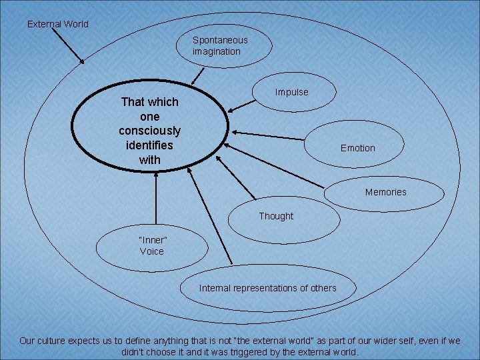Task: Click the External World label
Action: click(57, 24)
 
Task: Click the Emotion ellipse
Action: click(357, 147)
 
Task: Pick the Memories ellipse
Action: click(385, 192)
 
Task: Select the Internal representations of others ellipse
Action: click(268, 288)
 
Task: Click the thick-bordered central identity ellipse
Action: click(150, 131)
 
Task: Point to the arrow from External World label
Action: click(68, 47)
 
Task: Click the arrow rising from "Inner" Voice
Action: click(155, 197)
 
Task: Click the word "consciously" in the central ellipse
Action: click(150, 131)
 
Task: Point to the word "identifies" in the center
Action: click(150, 145)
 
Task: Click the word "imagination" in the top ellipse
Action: click(217, 51)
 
